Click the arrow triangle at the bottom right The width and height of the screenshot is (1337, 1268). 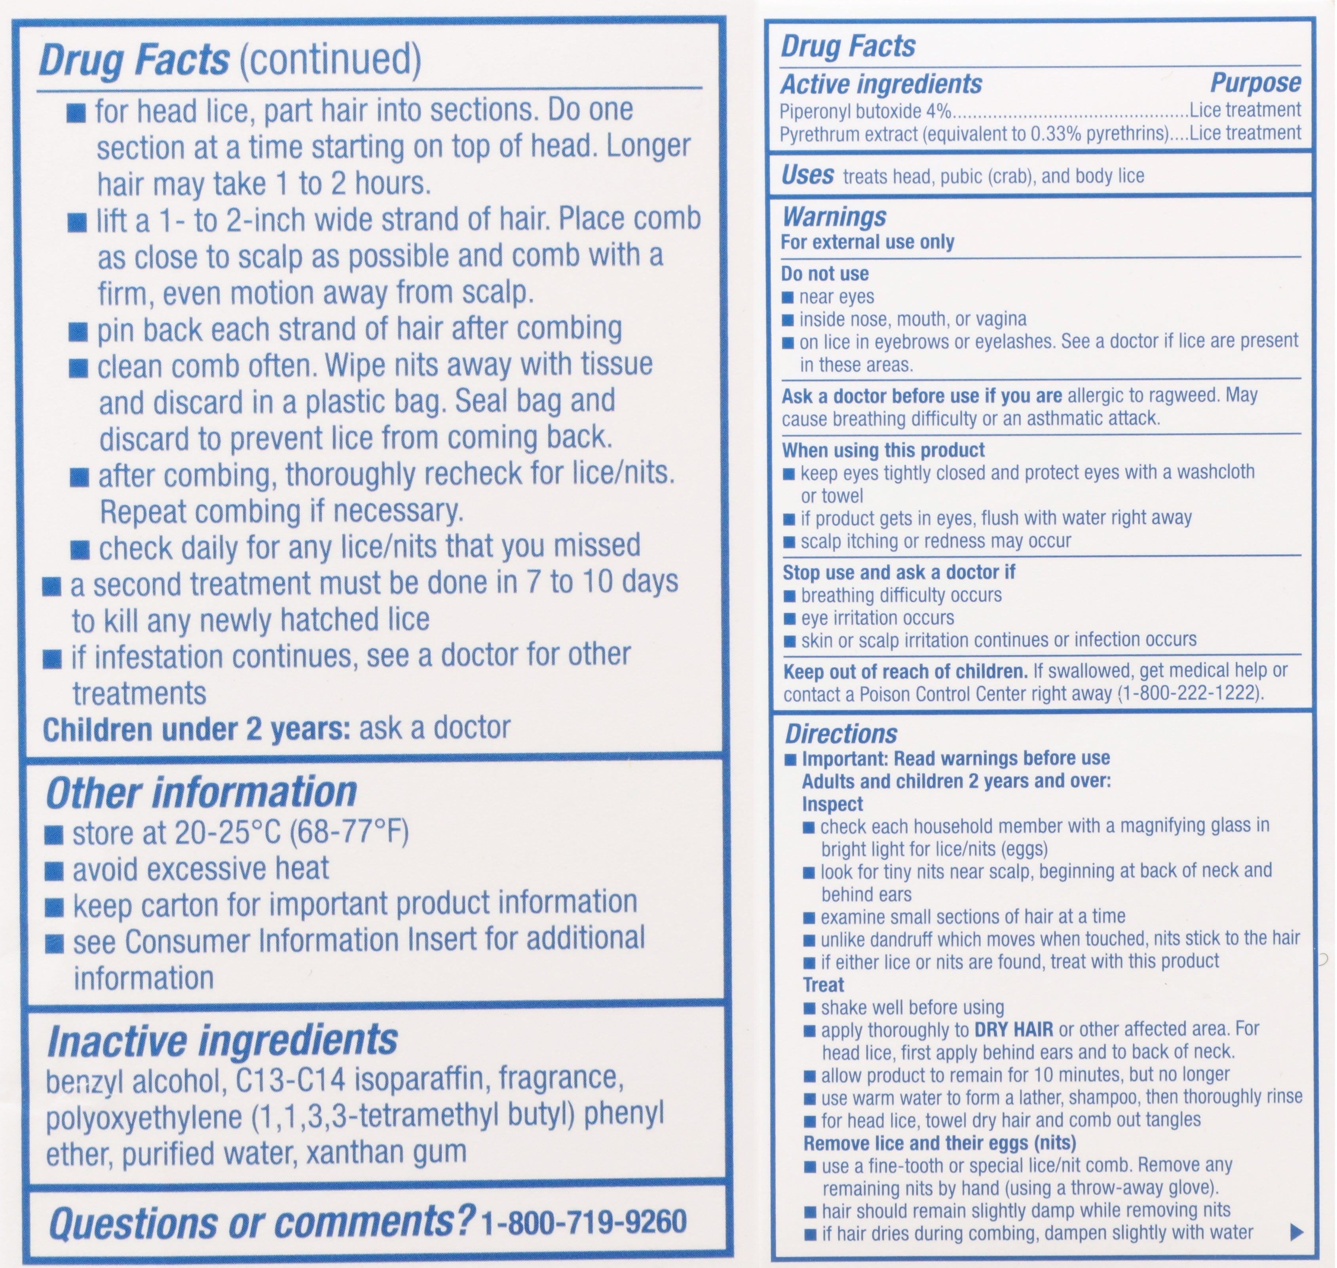(1296, 1232)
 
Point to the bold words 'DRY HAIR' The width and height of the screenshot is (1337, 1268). (1013, 1029)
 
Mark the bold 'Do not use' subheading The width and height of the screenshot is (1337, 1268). (824, 274)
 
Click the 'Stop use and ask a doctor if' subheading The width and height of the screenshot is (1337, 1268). (899, 572)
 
